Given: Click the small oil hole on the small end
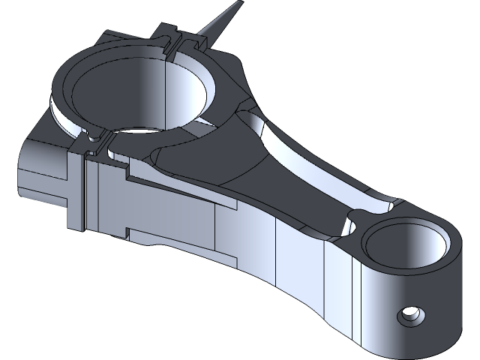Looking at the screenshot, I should click(x=409, y=315).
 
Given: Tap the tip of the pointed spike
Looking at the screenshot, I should click(x=239, y=4).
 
